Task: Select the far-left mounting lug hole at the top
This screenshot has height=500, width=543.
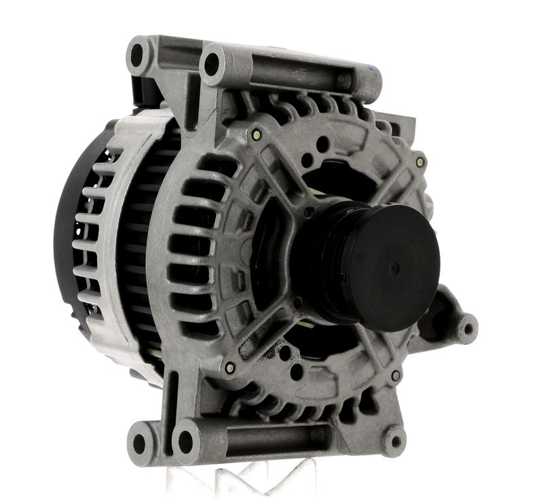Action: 138,54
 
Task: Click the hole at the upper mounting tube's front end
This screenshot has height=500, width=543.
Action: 212,63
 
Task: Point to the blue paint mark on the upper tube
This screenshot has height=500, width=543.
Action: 373,69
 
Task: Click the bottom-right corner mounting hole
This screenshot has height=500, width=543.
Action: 395,442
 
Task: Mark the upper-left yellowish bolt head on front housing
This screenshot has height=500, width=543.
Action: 255,135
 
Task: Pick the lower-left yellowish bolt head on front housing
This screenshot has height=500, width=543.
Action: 229,368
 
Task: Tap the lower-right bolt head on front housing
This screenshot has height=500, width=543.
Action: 395,375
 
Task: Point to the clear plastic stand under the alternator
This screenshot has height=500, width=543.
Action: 251,476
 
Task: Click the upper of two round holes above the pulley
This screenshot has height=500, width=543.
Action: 323,145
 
